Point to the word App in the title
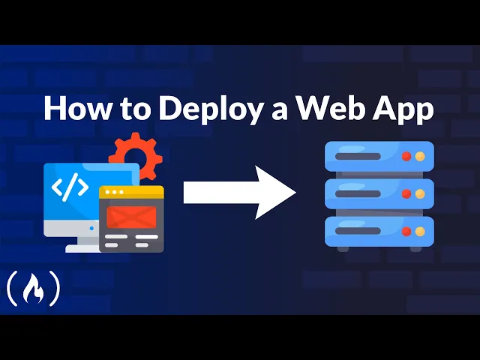(x=403, y=109)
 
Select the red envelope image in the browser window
(x=131, y=217)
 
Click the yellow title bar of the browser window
(x=131, y=192)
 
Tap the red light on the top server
(x=406, y=157)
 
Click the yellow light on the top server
(x=420, y=157)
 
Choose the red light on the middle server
(x=406, y=193)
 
